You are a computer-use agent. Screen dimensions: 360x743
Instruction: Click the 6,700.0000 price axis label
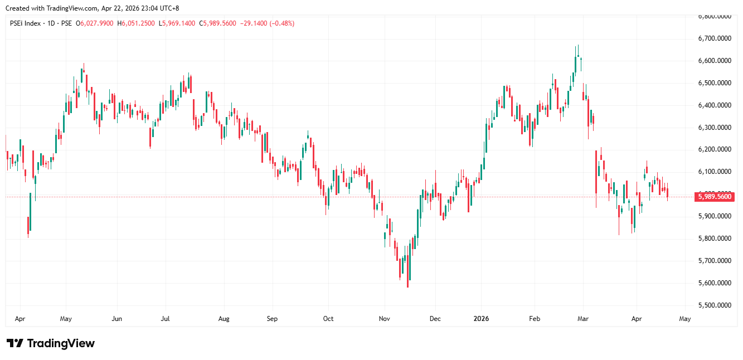pyautogui.click(x=715, y=38)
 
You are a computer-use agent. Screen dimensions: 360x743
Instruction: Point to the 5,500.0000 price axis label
pyautogui.click(x=715, y=305)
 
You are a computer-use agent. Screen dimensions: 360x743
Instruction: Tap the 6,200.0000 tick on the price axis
pyautogui.click(x=715, y=149)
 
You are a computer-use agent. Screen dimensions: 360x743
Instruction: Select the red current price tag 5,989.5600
pyautogui.click(x=715, y=196)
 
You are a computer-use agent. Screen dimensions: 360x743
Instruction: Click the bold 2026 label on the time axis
pyautogui.click(x=480, y=319)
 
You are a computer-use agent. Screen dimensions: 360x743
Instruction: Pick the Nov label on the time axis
pyautogui.click(x=384, y=319)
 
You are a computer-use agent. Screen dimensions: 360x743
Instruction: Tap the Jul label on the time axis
pyautogui.click(x=165, y=319)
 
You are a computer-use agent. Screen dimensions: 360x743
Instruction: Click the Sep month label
pyautogui.click(x=272, y=319)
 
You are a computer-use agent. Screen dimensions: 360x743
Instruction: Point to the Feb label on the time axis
pyautogui.click(x=535, y=319)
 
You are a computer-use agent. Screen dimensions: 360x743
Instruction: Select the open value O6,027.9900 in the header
pyautogui.click(x=97, y=23)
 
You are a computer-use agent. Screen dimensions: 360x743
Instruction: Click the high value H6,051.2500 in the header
pyautogui.click(x=137, y=23)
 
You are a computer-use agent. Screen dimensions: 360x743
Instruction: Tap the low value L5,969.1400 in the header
pyautogui.click(x=177, y=23)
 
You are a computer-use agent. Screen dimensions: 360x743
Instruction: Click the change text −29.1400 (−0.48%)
pyautogui.click(x=267, y=23)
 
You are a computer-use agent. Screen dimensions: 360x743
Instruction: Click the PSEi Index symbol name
pyautogui.click(x=26, y=23)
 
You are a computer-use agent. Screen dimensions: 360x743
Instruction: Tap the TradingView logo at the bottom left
pyautogui.click(x=50, y=343)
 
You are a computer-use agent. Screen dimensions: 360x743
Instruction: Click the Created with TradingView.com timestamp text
pyautogui.click(x=92, y=8)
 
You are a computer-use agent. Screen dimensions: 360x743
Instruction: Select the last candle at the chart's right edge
pyautogui.click(x=668, y=193)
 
